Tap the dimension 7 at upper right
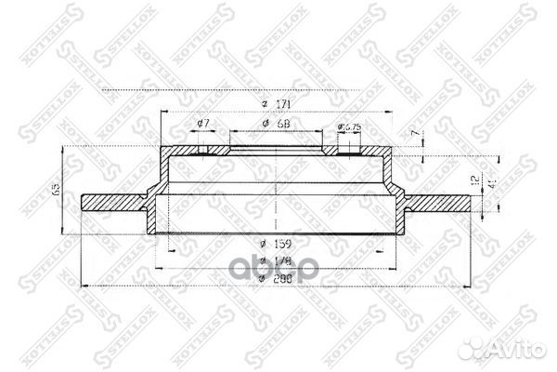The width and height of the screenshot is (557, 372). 415,135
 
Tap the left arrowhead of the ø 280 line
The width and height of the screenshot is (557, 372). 86,284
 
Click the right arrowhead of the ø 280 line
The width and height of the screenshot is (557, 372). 470,284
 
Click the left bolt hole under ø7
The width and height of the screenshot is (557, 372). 201,151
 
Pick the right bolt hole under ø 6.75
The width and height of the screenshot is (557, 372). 348,151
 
